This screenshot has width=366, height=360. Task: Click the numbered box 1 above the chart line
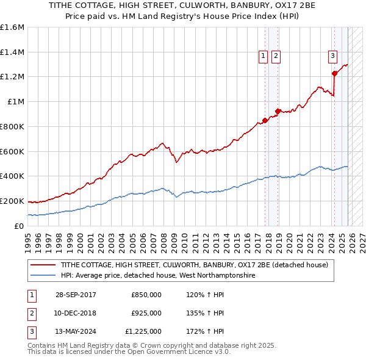264,56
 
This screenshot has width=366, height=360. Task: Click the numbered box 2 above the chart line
276,56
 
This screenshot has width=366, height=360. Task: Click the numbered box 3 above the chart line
332,56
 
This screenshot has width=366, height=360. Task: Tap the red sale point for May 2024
334,73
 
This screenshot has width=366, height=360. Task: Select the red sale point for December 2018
278,111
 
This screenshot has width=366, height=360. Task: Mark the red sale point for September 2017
265,120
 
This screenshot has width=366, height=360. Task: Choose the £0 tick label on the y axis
20,226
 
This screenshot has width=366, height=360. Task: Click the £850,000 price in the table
146,295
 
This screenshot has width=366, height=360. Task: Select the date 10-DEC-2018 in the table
76,313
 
